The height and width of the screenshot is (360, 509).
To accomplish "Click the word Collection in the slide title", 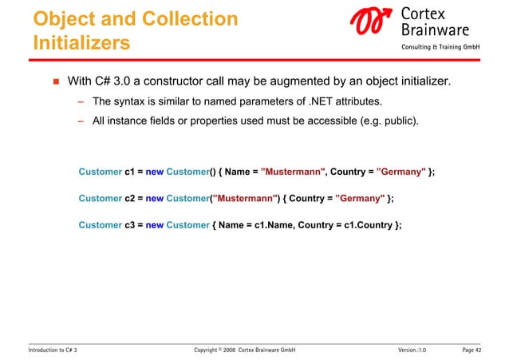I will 192,18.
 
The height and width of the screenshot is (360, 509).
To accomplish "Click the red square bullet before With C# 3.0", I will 56,81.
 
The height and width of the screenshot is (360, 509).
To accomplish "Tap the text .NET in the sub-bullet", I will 317,102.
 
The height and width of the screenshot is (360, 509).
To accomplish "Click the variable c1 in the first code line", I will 130,172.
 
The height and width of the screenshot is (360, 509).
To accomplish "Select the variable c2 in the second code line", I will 130,198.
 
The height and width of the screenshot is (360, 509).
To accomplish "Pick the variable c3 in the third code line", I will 130,224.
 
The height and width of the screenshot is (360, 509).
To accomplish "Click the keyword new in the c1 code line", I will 155,172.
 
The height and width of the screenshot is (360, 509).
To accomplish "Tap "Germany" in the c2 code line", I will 360,198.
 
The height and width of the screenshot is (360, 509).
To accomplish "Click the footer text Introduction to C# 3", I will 53,350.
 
